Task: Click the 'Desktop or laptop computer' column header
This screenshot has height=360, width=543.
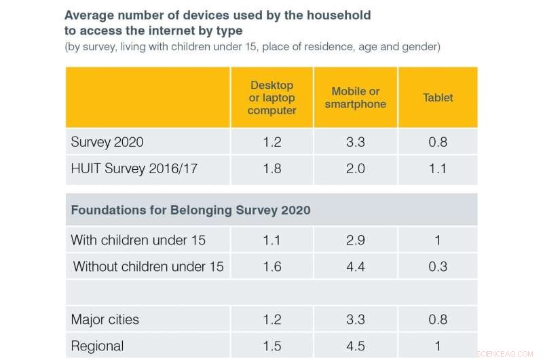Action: tap(271, 98)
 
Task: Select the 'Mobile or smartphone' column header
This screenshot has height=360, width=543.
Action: tap(355, 98)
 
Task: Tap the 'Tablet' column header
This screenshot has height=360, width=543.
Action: tap(438, 98)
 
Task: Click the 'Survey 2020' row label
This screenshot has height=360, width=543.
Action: tap(107, 143)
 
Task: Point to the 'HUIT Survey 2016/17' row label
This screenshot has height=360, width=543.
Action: tap(134, 168)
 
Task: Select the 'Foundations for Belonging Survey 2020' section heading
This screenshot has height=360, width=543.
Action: tap(190, 210)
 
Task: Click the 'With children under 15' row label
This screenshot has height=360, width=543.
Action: tap(138, 240)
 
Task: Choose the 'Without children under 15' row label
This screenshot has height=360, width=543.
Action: tap(148, 266)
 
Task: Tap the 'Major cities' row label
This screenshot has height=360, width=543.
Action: tap(105, 319)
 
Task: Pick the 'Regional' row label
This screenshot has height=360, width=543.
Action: tap(96, 345)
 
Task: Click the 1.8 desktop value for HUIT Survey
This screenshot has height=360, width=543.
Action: tap(271, 168)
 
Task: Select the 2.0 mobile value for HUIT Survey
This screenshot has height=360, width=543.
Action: tap(355, 168)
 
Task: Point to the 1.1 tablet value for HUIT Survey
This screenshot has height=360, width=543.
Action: tap(438, 168)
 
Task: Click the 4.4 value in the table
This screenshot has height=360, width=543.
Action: tap(355, 266)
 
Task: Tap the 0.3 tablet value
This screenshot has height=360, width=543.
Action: tap(438, 266)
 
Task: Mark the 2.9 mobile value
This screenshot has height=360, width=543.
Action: tap(355, 240)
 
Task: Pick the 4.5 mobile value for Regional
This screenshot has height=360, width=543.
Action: tap(355, 345)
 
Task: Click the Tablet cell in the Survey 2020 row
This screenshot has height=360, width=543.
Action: tap(438, 143)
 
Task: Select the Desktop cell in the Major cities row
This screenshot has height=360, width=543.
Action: tap(271, 319)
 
